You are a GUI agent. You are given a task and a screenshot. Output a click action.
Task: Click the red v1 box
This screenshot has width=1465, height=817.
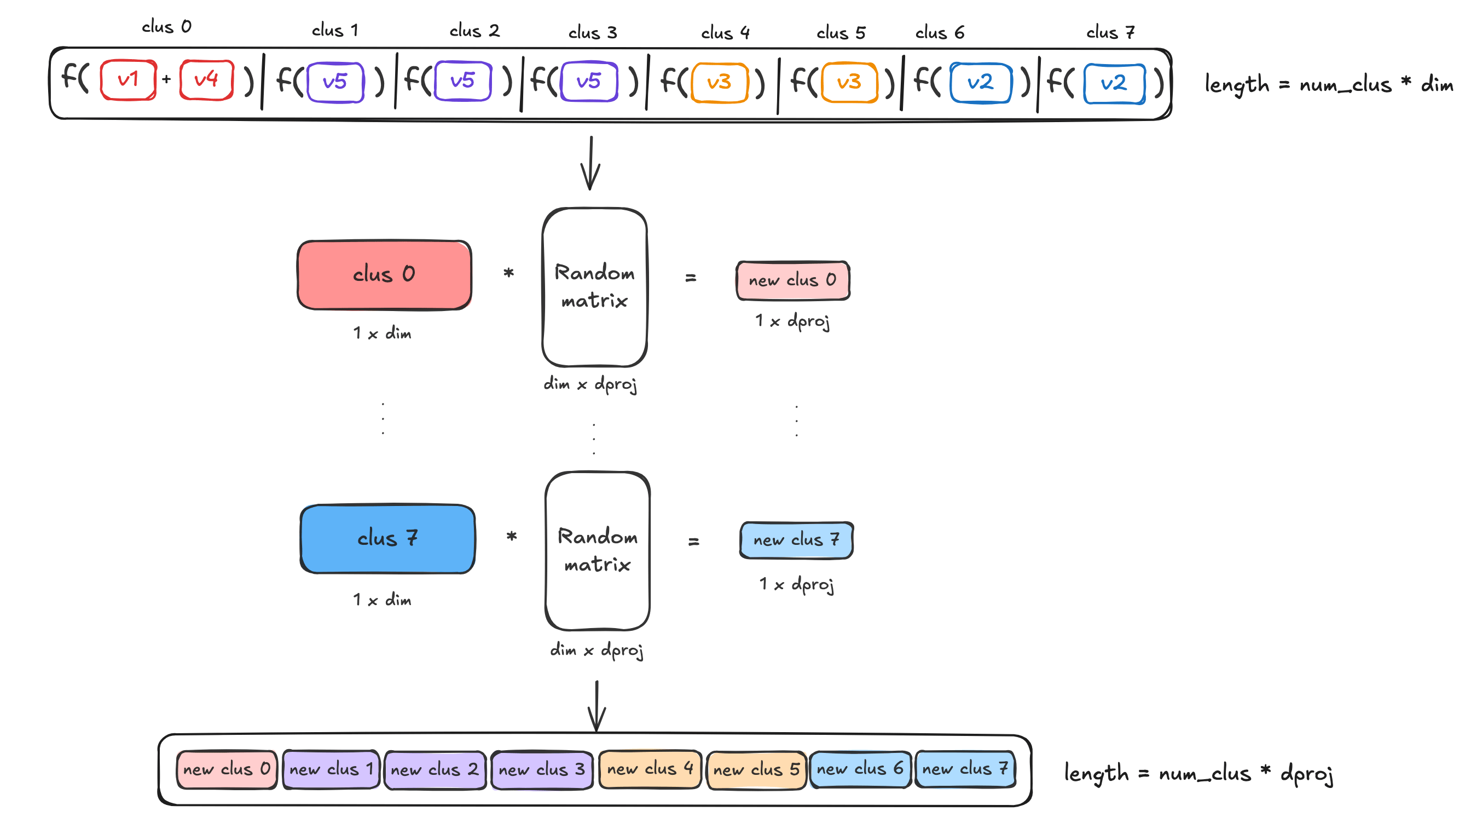point(128,79)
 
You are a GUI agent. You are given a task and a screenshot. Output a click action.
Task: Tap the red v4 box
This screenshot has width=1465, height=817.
point(206,79)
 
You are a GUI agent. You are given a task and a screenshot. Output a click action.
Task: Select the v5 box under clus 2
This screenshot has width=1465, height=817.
point(462,81)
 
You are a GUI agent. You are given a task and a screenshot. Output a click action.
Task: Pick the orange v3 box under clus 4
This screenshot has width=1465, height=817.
point(719,83)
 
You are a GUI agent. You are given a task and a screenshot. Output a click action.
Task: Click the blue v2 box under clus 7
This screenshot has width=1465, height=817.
point(1114,84)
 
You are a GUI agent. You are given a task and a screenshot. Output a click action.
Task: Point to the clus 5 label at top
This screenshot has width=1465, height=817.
point(841,33)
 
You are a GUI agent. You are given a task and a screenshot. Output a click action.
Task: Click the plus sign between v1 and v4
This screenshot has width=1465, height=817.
point(166,79)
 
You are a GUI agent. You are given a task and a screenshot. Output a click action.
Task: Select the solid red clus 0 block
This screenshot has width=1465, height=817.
point(385,275)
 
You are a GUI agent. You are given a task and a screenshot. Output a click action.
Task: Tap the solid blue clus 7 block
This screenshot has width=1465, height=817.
point(387,538)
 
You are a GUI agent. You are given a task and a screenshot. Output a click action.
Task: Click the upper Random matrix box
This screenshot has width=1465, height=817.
point(594,287)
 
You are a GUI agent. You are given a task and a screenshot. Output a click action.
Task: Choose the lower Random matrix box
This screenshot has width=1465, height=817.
point(597,550)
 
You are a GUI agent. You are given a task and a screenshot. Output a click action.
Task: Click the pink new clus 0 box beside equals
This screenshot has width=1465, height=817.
point(792,280)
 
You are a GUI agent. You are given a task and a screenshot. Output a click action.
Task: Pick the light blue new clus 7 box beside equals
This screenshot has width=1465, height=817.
point(796,539)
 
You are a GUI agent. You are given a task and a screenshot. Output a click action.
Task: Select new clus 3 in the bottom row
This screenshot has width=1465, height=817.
point(541,769)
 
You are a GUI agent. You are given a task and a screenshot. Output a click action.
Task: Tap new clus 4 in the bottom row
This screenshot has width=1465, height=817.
point(650,769)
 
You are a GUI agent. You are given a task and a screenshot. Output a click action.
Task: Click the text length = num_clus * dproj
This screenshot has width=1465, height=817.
point(1198,774)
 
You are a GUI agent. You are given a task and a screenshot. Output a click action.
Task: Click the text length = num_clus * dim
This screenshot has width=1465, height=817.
point(1329,85)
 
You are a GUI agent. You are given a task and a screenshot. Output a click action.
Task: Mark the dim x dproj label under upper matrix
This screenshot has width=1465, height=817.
point(590,384)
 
